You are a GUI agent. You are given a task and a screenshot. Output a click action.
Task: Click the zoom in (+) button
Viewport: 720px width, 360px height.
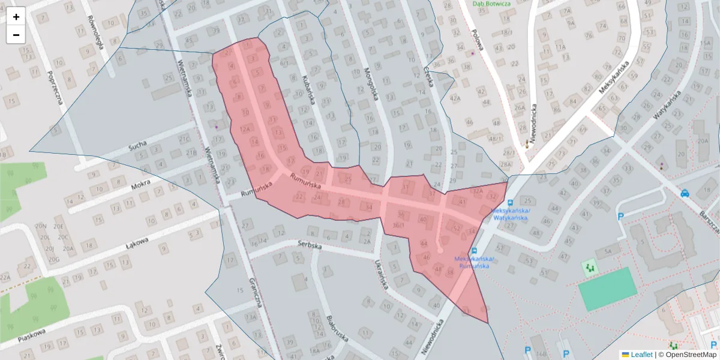pyautogui.click(x=16, y=17)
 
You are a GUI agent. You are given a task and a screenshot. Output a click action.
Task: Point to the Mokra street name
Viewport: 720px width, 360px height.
pyautogui.click(x=140, y=185)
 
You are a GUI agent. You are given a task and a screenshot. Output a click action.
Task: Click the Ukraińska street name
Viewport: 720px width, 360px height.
pyautogui.click(x=379, y=277)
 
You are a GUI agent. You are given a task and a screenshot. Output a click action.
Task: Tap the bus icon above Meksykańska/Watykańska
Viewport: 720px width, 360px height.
pyautogui.click(x=511, y=203)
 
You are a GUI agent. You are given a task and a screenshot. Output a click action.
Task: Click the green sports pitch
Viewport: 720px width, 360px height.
pyautogui.click(x=607, y=289)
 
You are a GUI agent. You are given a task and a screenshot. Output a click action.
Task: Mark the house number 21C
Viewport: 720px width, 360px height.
pyautogui.click(x=184, y=140)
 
